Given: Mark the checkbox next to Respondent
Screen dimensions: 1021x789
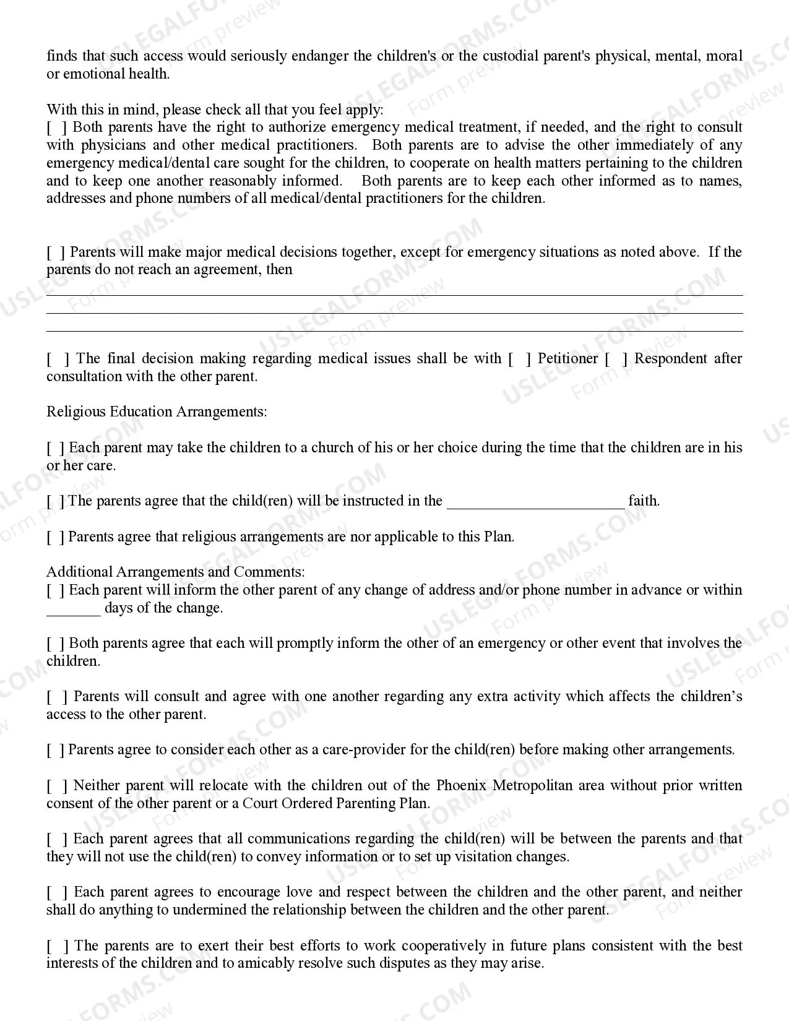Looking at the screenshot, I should click(x=616, y=359).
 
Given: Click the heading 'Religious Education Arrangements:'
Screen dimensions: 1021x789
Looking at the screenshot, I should click(x=157, y=412).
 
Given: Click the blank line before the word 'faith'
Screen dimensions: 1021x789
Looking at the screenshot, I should click(x=535, y=502).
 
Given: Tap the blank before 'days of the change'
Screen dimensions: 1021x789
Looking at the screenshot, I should click(x=73, y=610).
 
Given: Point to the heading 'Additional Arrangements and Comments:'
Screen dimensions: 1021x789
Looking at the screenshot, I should click(x=175, y=572).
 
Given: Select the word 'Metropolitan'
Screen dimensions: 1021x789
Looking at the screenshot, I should click(x=533, y=786).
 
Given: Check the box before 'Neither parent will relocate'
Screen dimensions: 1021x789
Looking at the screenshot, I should click(x=57, y=786).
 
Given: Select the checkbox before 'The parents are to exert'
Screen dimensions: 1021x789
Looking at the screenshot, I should click(x=57, y=946).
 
